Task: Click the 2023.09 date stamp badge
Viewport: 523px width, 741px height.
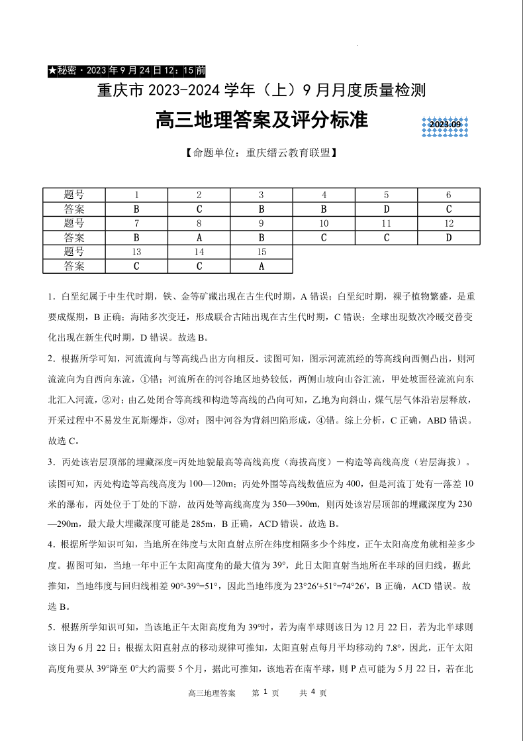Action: pos(445,125)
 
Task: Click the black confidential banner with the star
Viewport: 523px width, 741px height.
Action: pos(126,70)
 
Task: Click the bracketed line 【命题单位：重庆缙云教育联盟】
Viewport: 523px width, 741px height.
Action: pos(261,152)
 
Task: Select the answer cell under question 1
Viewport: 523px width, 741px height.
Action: pos(136,209)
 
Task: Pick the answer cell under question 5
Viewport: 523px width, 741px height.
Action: pos(386,209)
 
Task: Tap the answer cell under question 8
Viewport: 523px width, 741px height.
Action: pos(199,237)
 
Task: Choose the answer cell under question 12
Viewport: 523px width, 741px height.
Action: pos(448,237)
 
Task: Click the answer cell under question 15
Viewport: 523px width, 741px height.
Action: pos(261,266)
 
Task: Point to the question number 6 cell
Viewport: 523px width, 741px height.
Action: pos(448,195)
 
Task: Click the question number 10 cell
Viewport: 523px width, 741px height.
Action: pos(324,223)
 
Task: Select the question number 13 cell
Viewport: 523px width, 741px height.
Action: pos(136,252)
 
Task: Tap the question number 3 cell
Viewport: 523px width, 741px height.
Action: pos(261,195)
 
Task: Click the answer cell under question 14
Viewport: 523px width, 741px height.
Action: pos(199,266)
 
